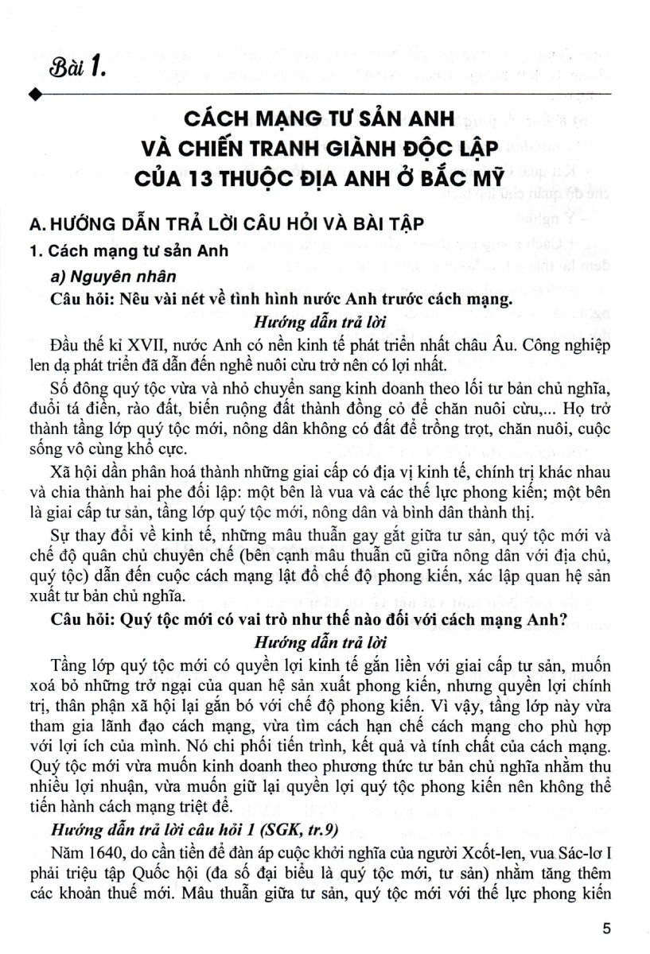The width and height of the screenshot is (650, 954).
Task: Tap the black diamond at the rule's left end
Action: pyautogui.click(x=33, y=95)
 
